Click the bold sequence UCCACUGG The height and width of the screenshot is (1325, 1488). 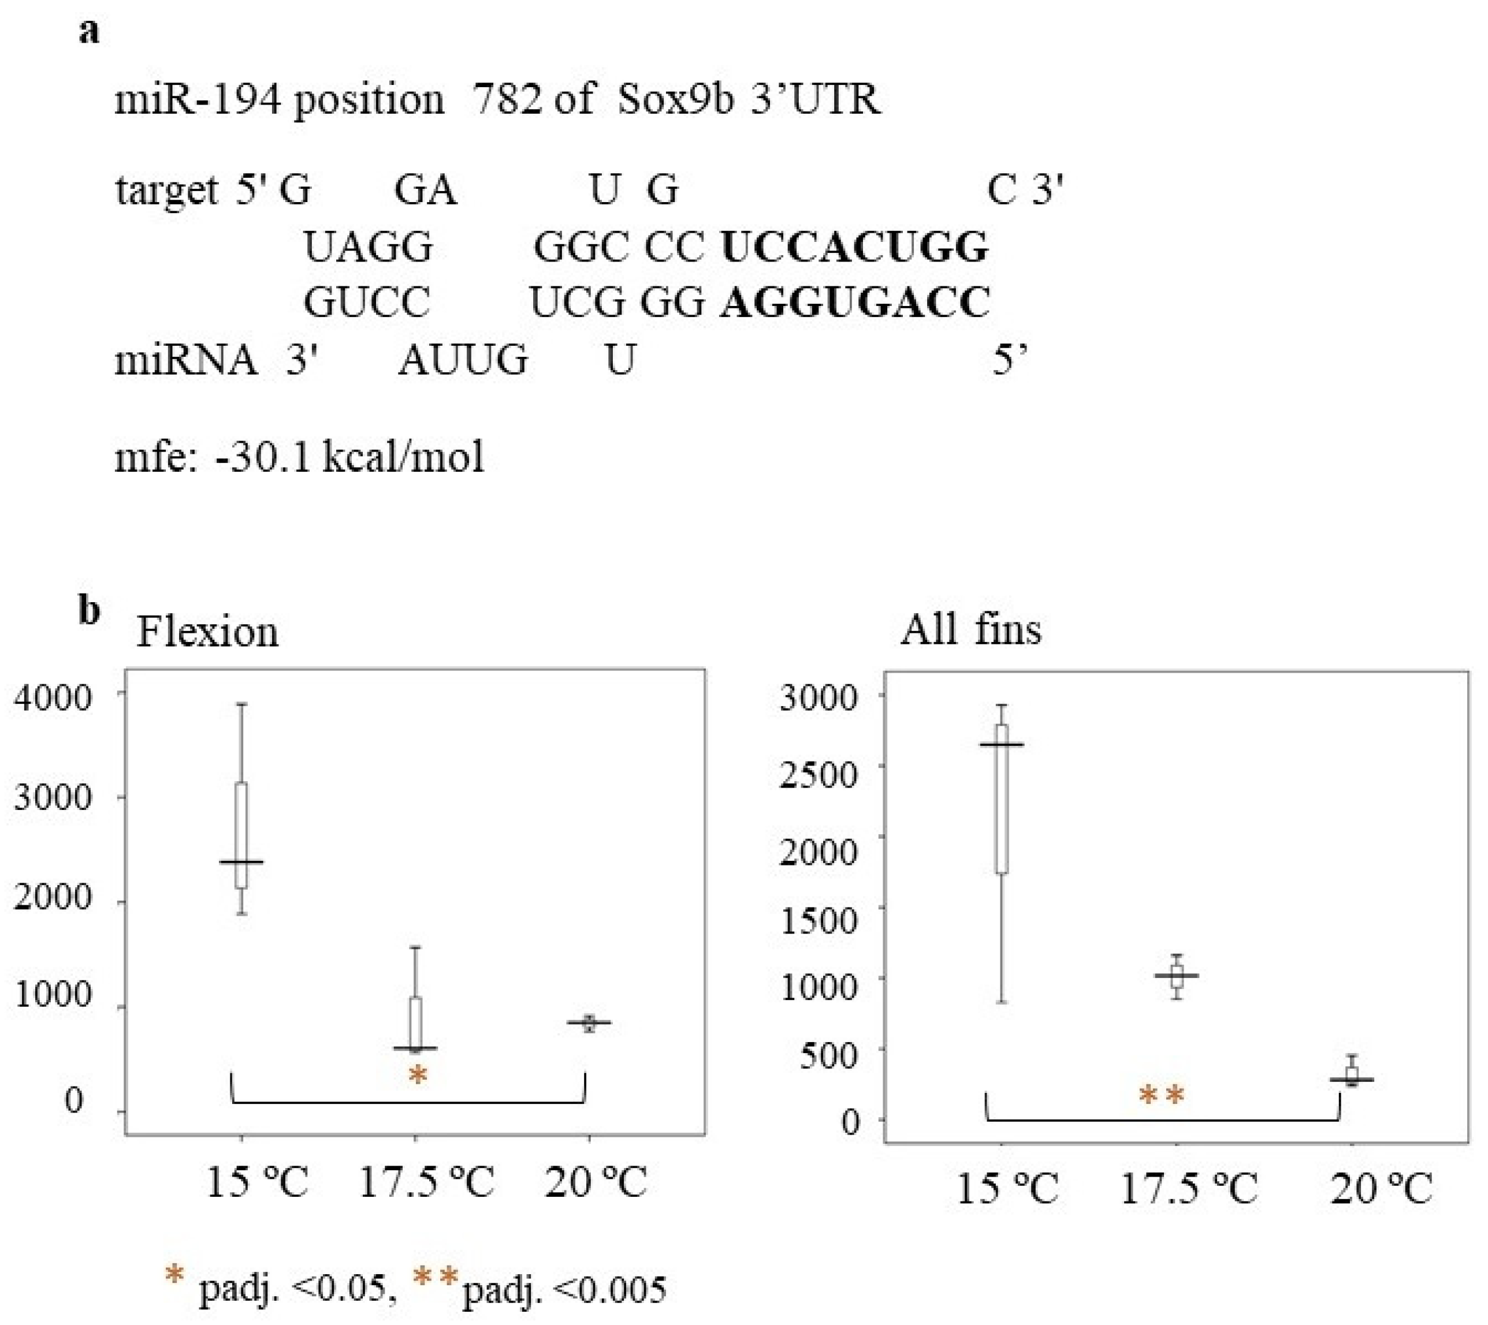coord(854,248)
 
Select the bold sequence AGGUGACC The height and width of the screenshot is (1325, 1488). coord(855,302)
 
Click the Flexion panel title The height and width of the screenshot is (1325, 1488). coord(207,631)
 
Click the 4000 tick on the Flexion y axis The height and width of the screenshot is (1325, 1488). coord(53,697)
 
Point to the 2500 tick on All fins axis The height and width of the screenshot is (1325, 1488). coord(818,774)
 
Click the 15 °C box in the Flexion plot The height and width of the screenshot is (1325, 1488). coord(241,835)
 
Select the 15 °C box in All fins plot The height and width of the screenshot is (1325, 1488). coord(1002,798)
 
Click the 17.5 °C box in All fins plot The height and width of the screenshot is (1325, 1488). coord(1176,976)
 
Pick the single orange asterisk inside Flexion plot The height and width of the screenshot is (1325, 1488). coord(417,1075)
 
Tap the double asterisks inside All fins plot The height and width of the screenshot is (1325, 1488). coord(1162,1096)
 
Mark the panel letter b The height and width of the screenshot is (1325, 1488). coord(89,610)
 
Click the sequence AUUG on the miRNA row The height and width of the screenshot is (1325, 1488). coord(463,360)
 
